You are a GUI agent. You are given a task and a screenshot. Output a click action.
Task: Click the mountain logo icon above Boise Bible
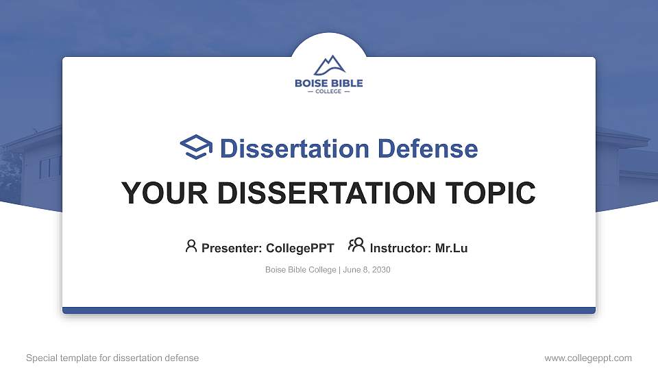click(x=329, y=65)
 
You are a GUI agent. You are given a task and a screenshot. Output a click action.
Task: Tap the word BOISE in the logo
click(x=310, y=84)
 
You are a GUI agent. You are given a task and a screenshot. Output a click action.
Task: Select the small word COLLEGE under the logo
click(x=329, y=92)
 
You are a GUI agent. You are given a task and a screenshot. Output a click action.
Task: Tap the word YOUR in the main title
click(x=156, y=193)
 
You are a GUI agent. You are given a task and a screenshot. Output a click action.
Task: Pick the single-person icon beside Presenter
click(x=191, y=246)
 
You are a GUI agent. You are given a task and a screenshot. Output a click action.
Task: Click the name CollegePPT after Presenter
click(x=300, y=248)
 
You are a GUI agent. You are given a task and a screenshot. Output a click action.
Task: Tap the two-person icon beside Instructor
click(x=356, y=245)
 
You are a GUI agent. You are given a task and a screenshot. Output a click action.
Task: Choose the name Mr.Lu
click(x=452, y=248)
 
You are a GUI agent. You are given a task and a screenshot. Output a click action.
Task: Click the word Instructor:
click(x=401, y=248)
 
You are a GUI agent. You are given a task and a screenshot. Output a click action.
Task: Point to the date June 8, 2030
click(x=366, y=270)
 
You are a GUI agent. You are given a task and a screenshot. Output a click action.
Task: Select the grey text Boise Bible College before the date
click(x=300, y=270)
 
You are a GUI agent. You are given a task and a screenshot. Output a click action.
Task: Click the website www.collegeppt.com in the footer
click(x=588, y=358)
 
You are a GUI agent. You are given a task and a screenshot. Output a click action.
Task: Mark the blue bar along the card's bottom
click(x=329, y=310)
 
